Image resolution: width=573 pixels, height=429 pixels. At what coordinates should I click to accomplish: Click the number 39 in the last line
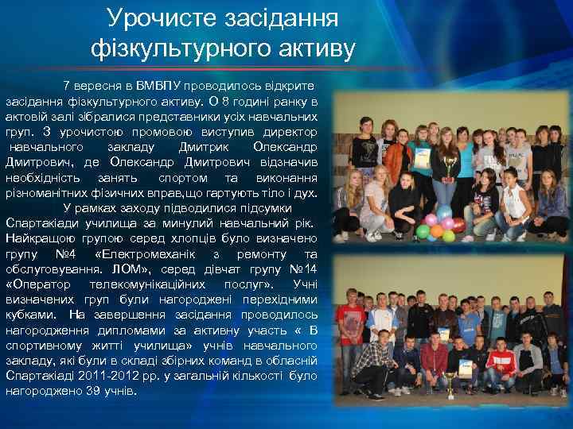pyautogui.click(x=75, y=392)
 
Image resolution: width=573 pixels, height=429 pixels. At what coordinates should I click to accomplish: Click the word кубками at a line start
pyautogui.click(x=28, y=315)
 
